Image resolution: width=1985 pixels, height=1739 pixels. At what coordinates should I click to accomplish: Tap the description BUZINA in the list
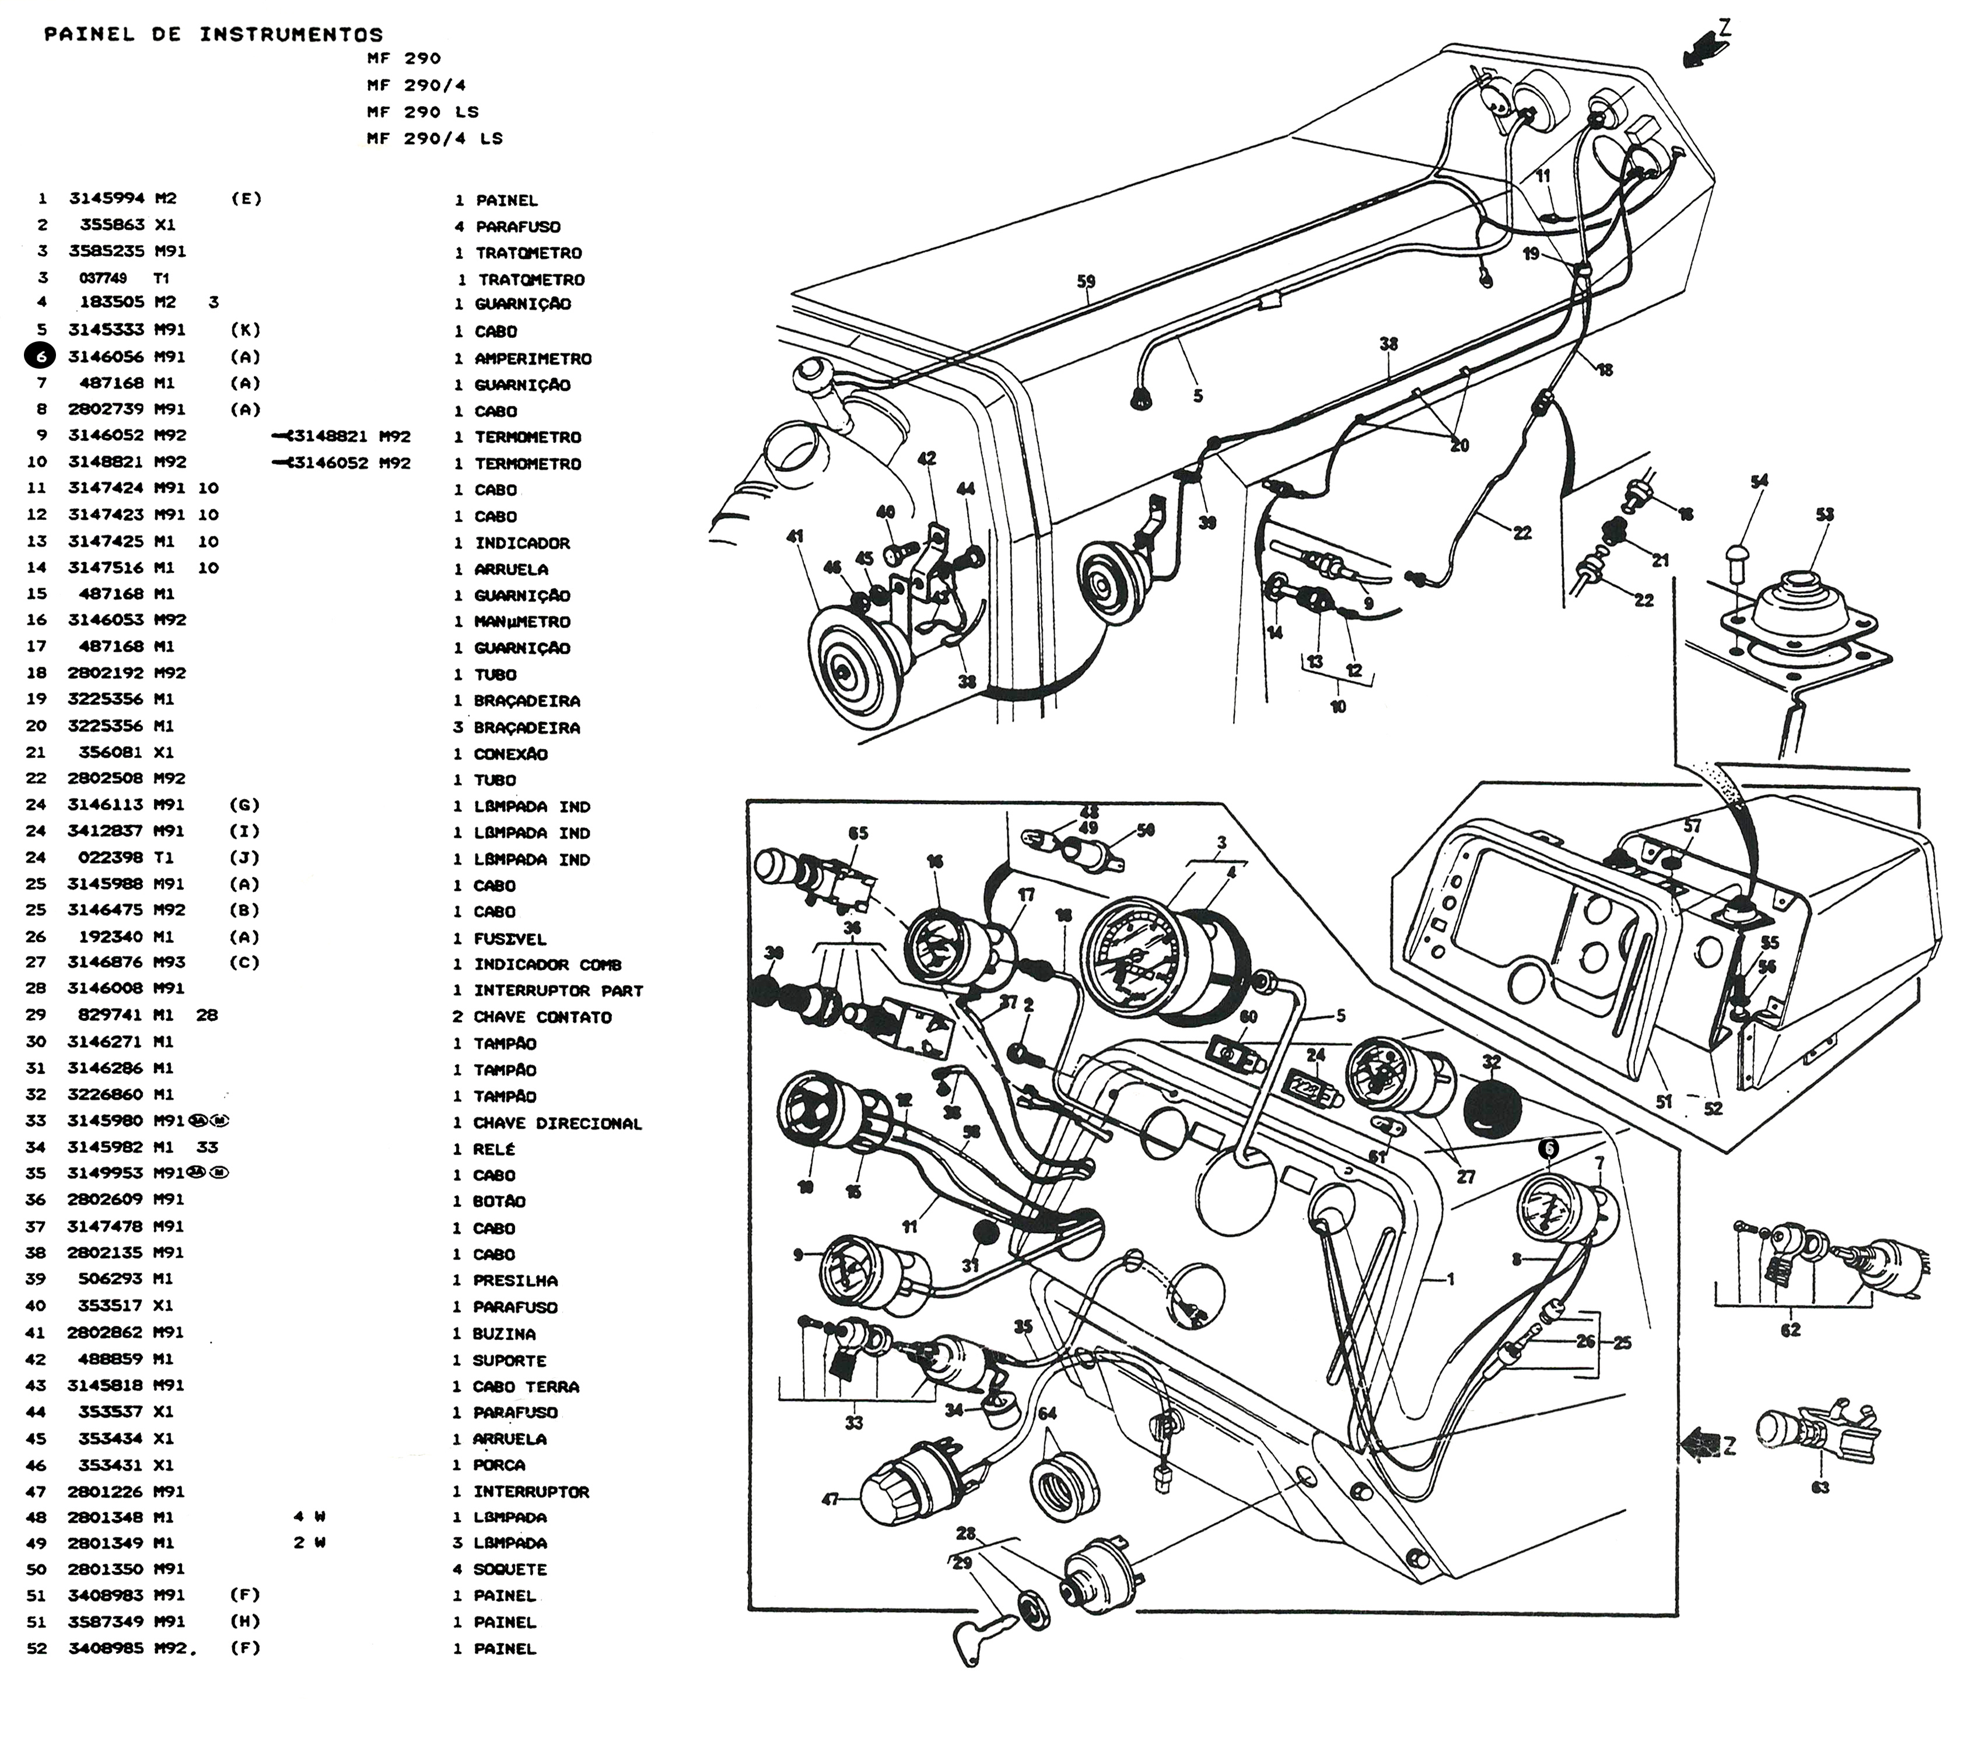505,1334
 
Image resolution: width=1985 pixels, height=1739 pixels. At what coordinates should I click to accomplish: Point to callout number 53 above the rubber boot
1825,515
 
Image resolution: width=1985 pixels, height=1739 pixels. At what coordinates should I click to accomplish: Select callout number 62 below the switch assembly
1790,1329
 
